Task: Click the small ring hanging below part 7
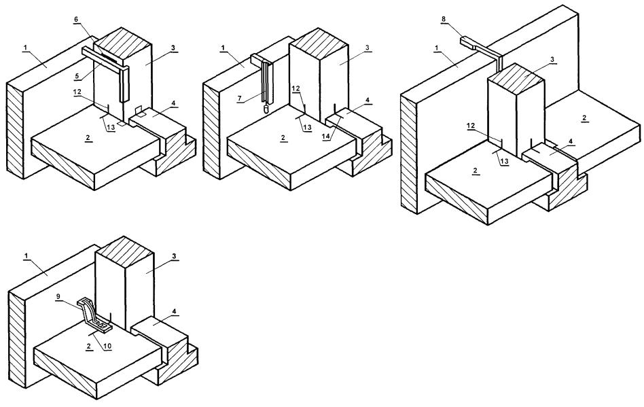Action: pos(266,109)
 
